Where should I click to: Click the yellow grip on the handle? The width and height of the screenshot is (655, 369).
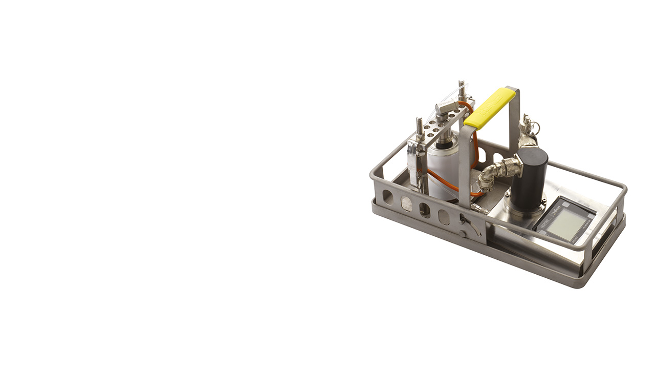[490, 108]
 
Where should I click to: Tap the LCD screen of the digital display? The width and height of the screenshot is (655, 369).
[566, 223]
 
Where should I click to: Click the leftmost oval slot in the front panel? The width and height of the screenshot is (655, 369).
[388, 197]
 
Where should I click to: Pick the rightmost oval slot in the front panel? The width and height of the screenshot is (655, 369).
[444, 217]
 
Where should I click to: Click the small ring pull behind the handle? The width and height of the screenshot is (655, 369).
[535, 126]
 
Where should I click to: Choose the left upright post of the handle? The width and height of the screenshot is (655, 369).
[464, 164]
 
